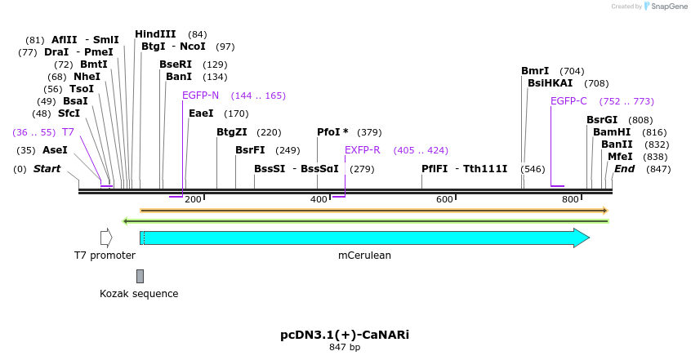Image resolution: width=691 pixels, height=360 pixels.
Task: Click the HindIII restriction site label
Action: coord(155,34)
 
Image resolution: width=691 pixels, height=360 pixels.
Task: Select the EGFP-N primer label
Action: coord(200,96)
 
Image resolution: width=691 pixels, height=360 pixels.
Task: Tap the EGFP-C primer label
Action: coord(568,101)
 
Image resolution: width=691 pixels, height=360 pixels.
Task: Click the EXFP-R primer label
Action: coord(363,150)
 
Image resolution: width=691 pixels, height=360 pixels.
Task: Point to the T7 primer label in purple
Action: coord(69,131)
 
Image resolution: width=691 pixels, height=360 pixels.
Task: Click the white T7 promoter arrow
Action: coord(106,238)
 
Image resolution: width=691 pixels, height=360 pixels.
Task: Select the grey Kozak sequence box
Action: coord(140,276)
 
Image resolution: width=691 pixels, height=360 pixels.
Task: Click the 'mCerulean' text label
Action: coord(364,256)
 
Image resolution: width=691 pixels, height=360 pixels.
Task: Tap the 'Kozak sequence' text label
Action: coord(139,294)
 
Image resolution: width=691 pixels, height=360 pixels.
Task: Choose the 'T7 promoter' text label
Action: coord(105,256)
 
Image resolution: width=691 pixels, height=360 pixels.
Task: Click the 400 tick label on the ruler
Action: coord(319,200)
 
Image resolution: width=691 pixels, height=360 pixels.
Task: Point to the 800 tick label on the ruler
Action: coord(570,200)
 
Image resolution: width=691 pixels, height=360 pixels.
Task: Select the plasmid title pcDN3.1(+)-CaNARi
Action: coord(345,335)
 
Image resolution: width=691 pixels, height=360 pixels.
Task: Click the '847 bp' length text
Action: coord(345,348)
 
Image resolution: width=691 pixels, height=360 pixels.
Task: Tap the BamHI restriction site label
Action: coord(612,132)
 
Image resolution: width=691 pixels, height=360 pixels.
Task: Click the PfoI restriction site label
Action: coord(332,132)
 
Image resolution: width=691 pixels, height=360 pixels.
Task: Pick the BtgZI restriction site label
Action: coord(232,132)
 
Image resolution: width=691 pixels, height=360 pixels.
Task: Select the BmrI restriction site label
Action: coord(535,71)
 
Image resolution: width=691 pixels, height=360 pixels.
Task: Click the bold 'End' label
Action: coord(625,169)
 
